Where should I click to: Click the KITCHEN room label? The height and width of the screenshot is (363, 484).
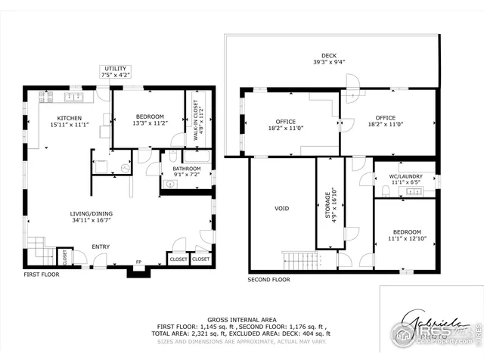[70, 118]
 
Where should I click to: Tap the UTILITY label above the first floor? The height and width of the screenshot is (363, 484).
[114, 69]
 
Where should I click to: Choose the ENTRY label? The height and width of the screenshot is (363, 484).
[101, 247]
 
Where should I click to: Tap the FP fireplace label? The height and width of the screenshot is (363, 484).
[138, 263]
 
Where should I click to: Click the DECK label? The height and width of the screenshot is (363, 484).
[328, 55]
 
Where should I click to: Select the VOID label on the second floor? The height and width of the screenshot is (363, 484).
[281, 208]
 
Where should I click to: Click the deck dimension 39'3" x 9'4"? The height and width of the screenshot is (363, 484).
[328, 63]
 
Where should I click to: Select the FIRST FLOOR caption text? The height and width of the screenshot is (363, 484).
[41, 275]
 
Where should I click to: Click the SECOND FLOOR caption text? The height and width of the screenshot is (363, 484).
[268, 280]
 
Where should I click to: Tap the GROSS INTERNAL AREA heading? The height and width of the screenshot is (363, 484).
[242, 319]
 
